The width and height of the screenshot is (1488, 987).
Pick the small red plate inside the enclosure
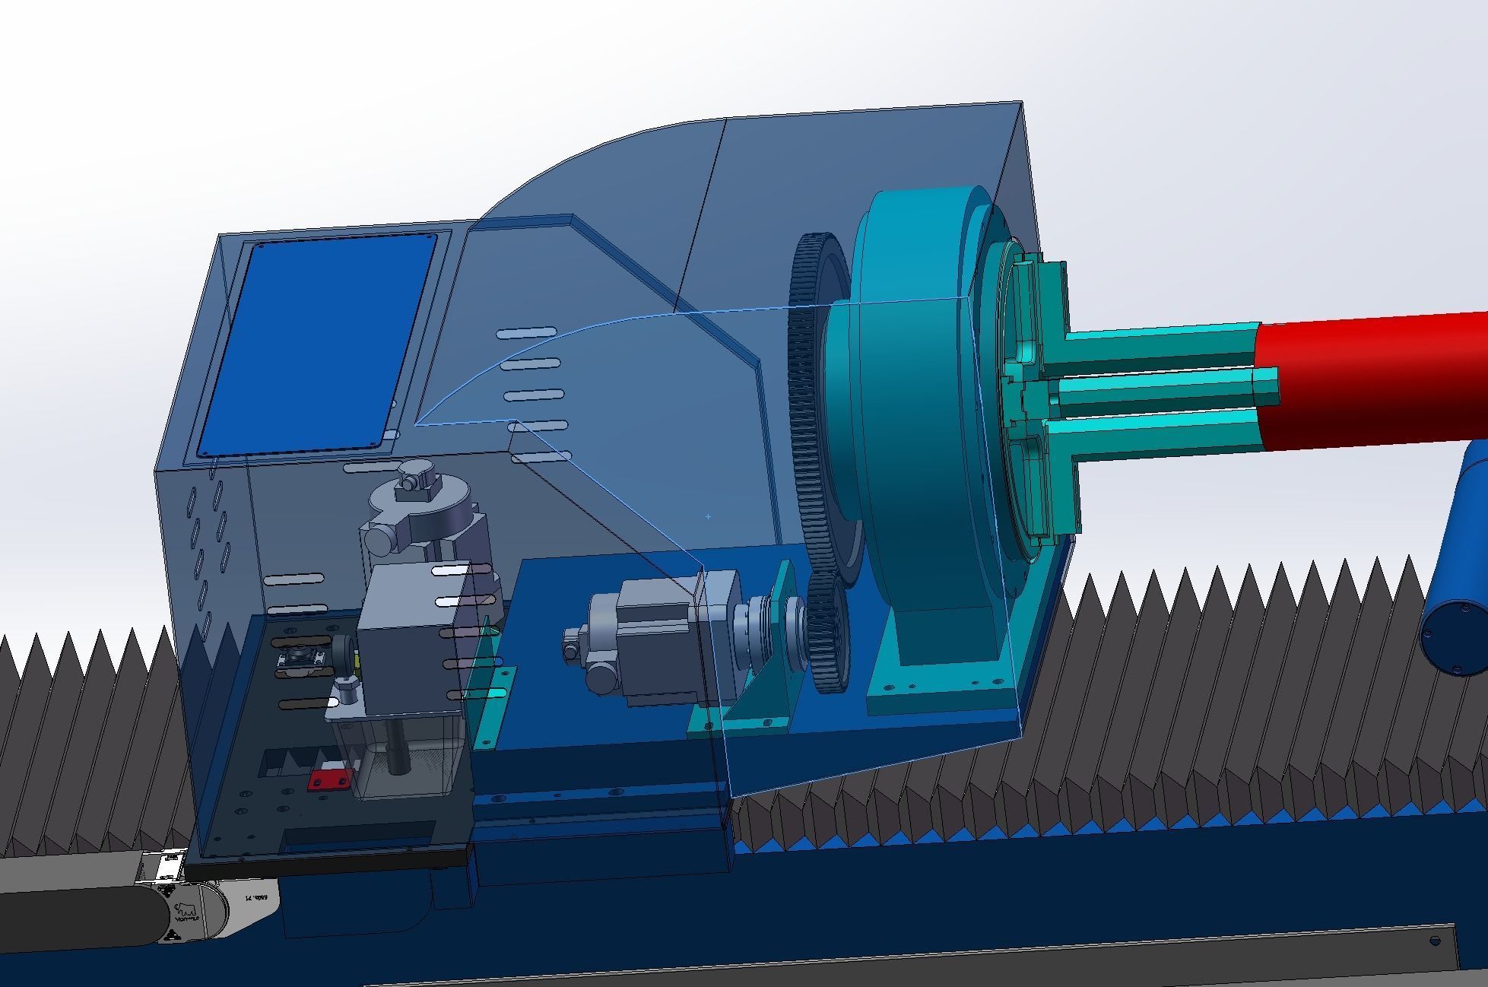pyautogui.click(x=329, y=780)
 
